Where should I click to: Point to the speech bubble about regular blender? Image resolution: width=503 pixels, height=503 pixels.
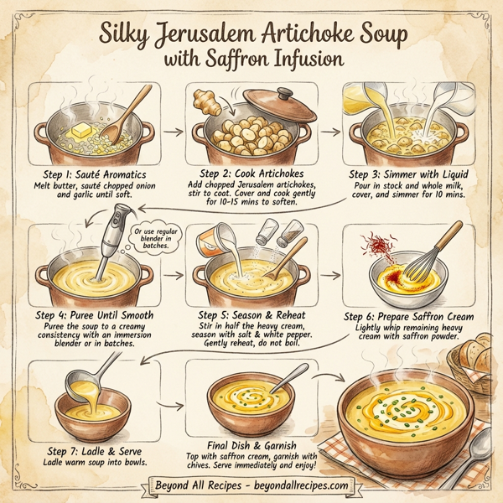click(x=152, y=242)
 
